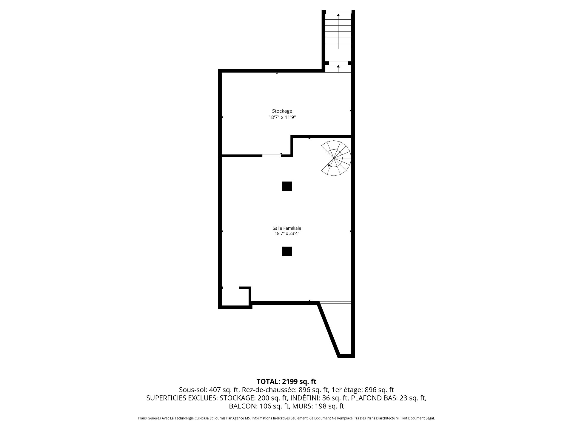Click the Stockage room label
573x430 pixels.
click(282, 111)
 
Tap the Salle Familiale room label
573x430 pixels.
click(287, 228)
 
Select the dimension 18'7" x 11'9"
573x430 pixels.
click(282, 117)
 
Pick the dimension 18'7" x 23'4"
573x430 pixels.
click(287, 234)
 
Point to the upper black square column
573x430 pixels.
click(287, 186)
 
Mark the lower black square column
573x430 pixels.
click(287, 251)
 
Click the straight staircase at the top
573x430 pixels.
click(338, 31)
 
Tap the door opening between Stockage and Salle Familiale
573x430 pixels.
click(272, 156)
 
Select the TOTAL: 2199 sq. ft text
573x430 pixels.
click(286, 382)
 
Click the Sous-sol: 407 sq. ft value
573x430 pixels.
click(209, 390)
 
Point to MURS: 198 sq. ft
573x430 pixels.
click(318, 406)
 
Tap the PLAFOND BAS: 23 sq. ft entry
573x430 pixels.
click(389, 398)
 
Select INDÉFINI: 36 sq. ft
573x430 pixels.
click(319, 398)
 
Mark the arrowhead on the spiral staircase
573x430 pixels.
click(329, 165)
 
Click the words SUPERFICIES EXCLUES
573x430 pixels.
click(182, 398)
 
